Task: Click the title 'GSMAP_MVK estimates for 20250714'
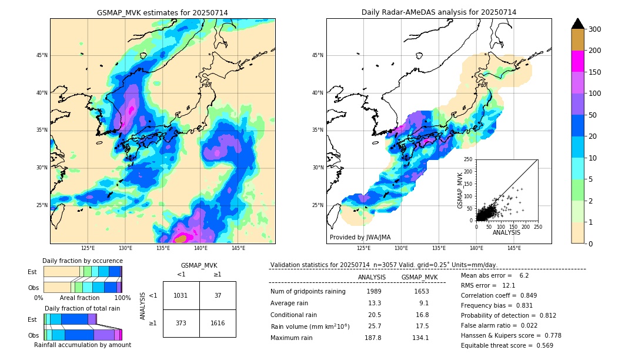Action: pos(162,13)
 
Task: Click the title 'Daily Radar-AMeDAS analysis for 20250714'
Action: pos(439,13)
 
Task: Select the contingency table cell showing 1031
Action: pos(181,295)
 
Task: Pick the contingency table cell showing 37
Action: pos(218,295)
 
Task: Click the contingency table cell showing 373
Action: pos(181,323)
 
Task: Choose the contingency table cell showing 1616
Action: pos(218,323)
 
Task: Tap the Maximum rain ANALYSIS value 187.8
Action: pos(374,338)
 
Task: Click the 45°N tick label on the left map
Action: pos(42,55)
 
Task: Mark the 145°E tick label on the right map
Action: pos(514,248)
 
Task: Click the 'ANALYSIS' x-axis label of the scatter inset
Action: pos(506,232)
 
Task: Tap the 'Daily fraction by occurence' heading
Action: pos(82,261)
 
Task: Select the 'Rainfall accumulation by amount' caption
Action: pos(82,345)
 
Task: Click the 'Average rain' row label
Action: pos(290,303)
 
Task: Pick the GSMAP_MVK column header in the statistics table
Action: pos(419,277)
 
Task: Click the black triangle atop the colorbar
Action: pos(578,24)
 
